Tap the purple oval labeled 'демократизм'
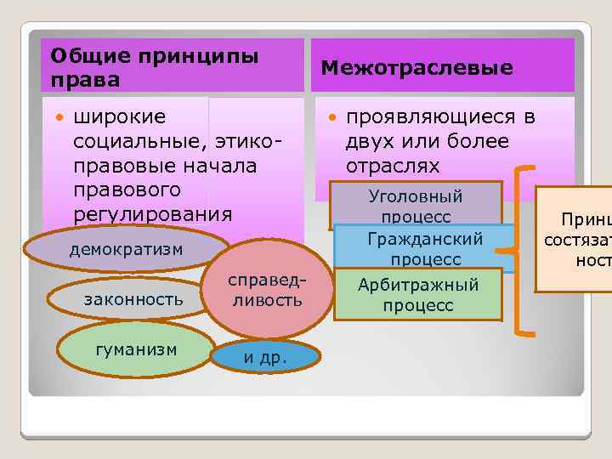click(x=126, y=248)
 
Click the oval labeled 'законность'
click(x=133, y=298)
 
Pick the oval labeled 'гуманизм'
click(x=136, y=348)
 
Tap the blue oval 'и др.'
click(x=265, y=357)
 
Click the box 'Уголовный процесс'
click(x=415, y=204)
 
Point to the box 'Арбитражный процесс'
click(x=417, y=295)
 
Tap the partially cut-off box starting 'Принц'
click(x=575, y=241)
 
